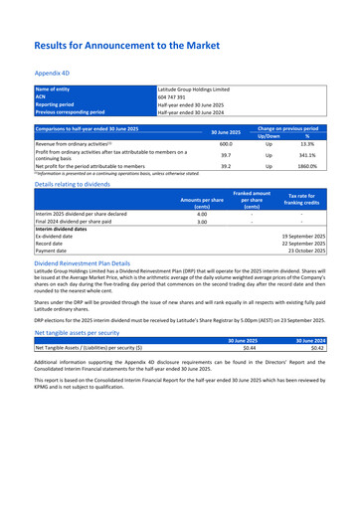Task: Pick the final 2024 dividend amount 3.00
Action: [201, 222]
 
